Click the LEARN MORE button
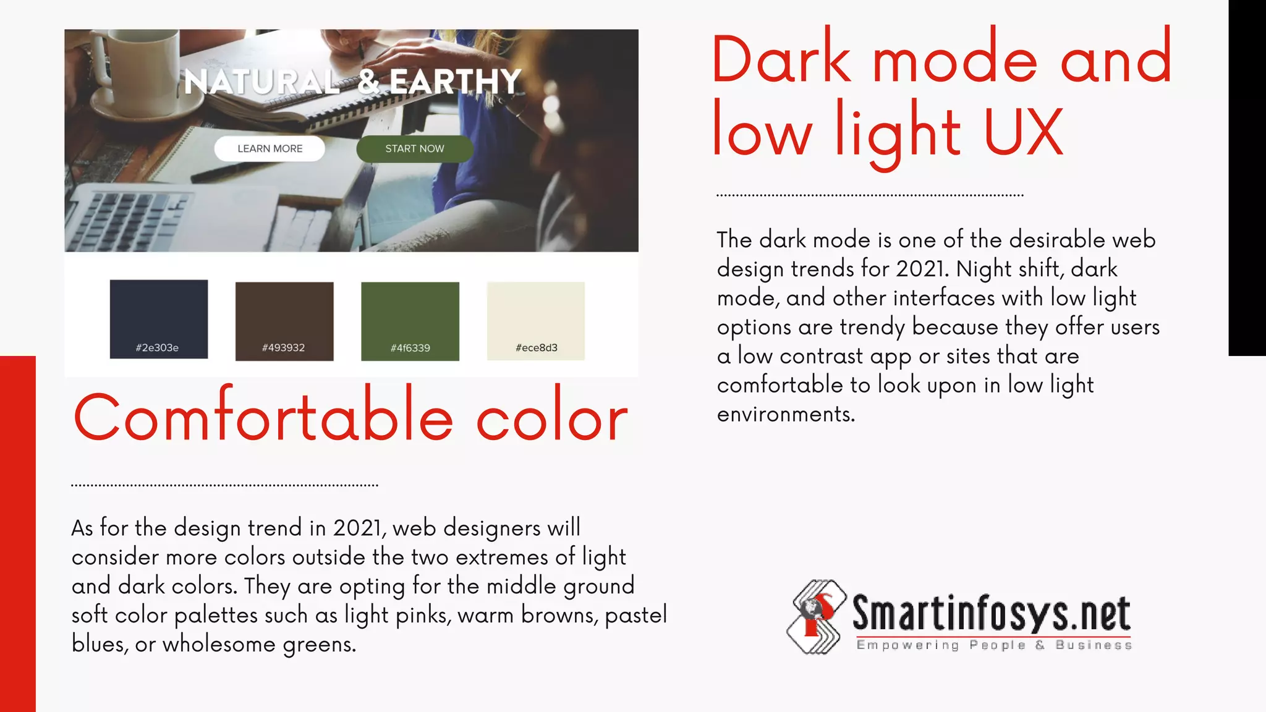(x=270, y=149)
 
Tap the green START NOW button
(x=415, y=149)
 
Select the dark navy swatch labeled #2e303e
(x=159, y=319)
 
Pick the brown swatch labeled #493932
(x=284, y=321)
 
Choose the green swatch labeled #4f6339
(x=410, y=321)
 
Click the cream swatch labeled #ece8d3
(x=536, y=321)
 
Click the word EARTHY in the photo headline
(x=456, y=82)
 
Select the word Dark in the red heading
(x=782, y=60)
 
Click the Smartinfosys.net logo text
(x=992, y=613)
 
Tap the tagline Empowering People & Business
(x=994, y=645)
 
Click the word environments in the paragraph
(x=785, y=414)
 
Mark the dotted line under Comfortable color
(x=224, y=486)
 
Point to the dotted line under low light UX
(x=870, y=195)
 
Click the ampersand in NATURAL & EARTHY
(x=369, y=82)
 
